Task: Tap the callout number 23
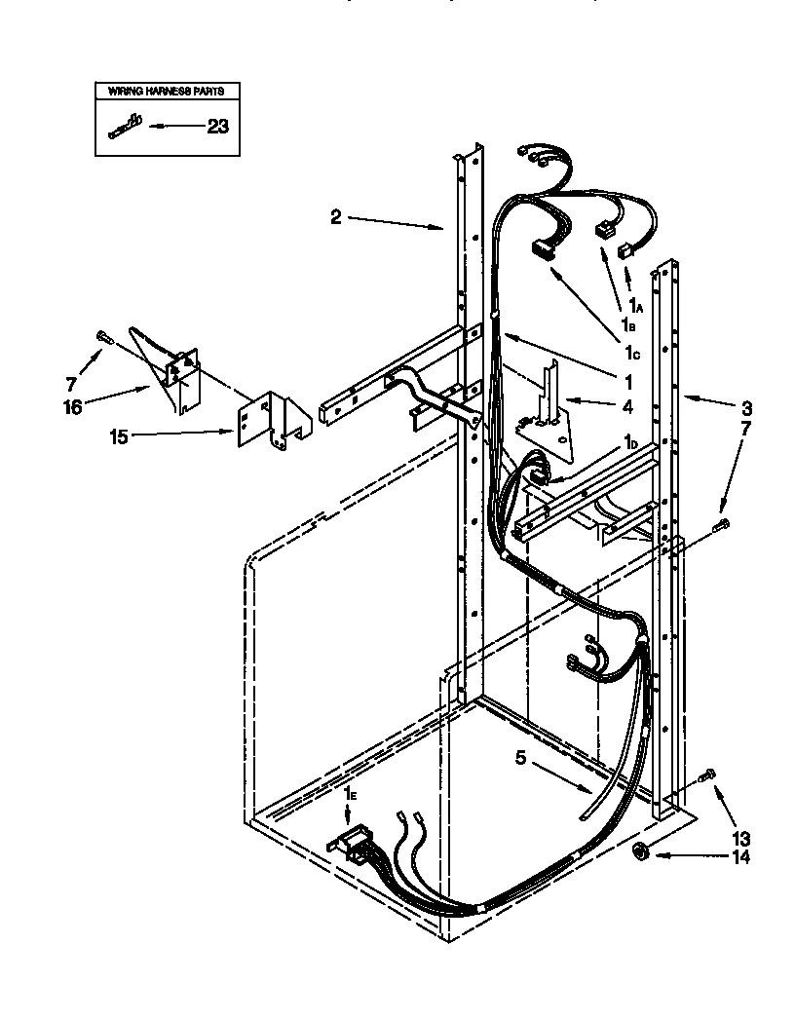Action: tap(217, 125)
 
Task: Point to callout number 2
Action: tap(335, 217)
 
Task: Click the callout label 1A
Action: tap(635, 306)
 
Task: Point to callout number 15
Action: tap(118, 436)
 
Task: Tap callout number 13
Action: tap(741, 837)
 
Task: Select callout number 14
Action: tap(741, 857)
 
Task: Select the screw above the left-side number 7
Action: tap(103, 336)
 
